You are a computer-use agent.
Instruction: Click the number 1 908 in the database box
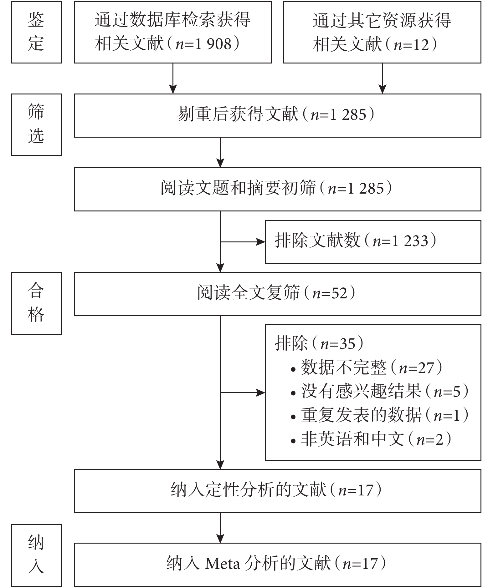(213, 44)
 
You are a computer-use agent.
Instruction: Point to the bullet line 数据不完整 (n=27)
(367, 367)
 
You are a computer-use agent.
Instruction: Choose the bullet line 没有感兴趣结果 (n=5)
(380, 391)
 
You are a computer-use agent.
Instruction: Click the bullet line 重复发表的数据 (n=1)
(380, 415)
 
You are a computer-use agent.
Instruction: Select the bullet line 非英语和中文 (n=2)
(371, 439)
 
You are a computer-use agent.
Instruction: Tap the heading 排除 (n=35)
(319, 344)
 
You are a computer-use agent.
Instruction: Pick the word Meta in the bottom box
(223, 564)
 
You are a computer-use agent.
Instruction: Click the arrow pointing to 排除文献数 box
(243, 242)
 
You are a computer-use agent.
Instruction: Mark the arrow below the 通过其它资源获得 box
(382, 79)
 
